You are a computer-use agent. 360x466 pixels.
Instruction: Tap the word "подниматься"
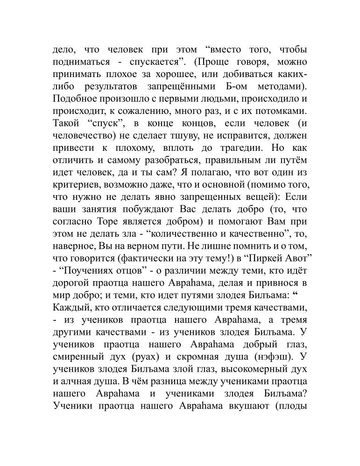point(82,62)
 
